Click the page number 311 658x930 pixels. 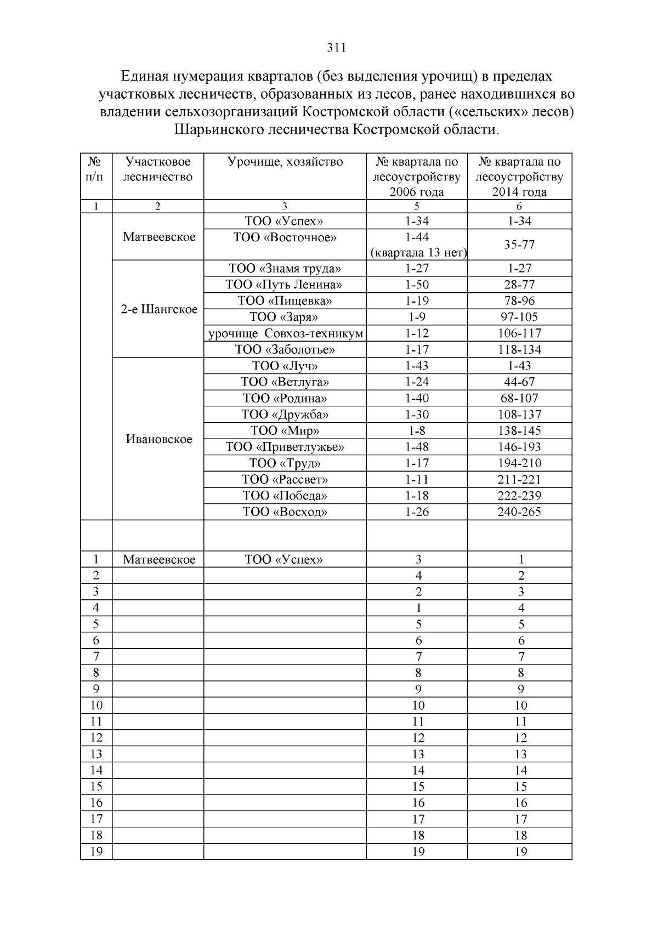(x=336, y=48)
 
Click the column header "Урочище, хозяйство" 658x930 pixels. (x=285, y=162)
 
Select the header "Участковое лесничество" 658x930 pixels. (x=158, y=169)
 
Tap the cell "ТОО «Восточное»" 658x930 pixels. (x=285, y=237)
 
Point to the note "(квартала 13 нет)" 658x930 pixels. (x=418, y=253)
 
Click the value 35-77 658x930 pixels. (x=519, y=245)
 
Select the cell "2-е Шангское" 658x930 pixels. (x=159, y=309)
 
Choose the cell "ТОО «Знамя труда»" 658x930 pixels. (x=285, y=269)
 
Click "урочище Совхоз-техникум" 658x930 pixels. (x=286, y=333)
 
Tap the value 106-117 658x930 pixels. (x=519, y=333)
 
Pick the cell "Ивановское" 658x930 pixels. (x=159, y=439)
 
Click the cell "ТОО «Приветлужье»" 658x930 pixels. (x=285, y=447)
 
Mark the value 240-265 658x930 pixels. (x=519, y=512)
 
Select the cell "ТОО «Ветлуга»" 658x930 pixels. (x=285, y=382)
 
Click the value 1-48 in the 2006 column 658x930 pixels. (x=417, y=447)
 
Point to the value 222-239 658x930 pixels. (x=519, y=496)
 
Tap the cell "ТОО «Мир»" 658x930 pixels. (x=285, y=431)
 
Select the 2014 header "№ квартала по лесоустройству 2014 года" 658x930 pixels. (x=519, y=177)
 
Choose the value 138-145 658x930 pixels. (x=519, y=431)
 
